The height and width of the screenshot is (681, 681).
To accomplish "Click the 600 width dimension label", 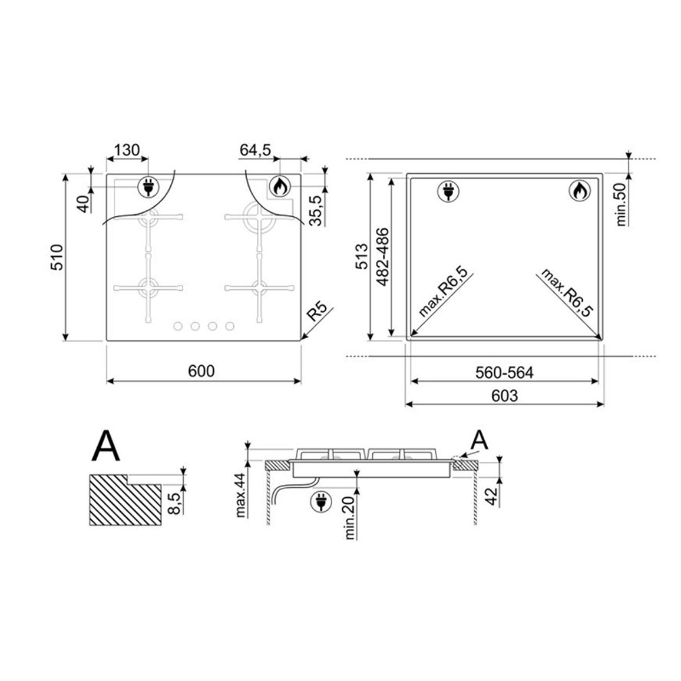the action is pyautogui.click(x=201, y=371).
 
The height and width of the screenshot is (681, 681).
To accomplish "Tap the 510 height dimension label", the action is pyautogui.click(x=57, y=257).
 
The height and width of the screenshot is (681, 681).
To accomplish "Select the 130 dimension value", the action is pyautogui.click(x=127, y=150).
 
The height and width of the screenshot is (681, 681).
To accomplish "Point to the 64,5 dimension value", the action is pyautogui.click(x=256, y=150).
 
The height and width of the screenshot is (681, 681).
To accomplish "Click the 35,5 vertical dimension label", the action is pyautogui.click(x=317, y=211).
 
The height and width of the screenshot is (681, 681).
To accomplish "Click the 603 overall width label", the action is pyautogui.click(x=505, y=396).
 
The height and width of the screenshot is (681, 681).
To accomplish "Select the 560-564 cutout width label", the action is pyautogui.click(x=504, y=373).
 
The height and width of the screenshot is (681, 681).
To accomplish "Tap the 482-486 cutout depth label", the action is pyautogui.click(x=383, y=257).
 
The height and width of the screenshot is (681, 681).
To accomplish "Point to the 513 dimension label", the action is pyautogui.click(x=362, y=256).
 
